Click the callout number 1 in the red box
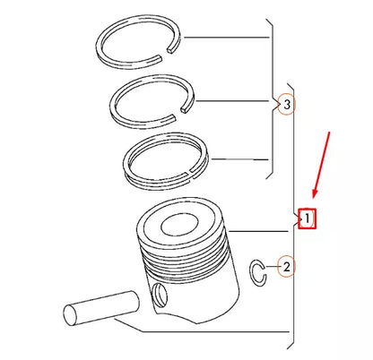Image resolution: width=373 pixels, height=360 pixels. [x=307, y=218]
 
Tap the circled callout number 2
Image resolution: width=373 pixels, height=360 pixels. [x=286, y=266]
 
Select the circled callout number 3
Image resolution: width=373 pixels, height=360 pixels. [x=286, y=106]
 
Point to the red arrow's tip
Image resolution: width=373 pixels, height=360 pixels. [x=312, y=197]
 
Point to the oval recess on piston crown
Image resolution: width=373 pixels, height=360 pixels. [x=183, y=226]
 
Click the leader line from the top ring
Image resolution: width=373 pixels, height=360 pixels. [x=224, y=39]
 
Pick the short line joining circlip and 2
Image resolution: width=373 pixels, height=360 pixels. [x=272, y=267]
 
